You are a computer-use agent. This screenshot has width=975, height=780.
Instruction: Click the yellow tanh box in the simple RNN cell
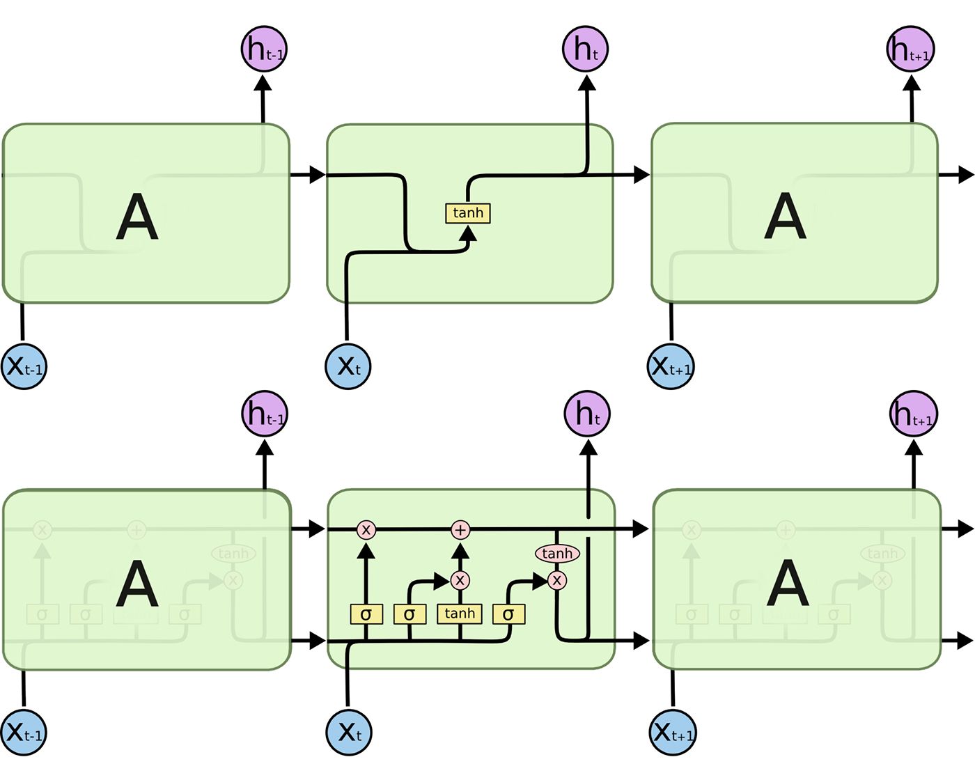[x=468, y=213]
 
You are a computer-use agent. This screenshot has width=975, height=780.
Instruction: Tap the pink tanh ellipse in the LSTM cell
[x=557, y=554]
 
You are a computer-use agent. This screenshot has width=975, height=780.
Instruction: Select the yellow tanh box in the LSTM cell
[x=460, y=614]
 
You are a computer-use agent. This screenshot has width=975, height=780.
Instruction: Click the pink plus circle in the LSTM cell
[x=460, y=530]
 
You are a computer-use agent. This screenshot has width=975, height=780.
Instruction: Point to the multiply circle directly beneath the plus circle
[x=460, y=580]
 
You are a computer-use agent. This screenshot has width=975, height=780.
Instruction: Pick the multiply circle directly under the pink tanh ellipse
[x=556, y=580]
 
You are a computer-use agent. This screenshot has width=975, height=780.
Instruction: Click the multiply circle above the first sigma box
[x=366, y=530]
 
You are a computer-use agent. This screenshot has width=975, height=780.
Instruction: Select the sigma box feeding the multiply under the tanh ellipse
[x=508, y=614]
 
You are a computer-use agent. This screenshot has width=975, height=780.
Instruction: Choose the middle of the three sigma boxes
[x=409, y=614]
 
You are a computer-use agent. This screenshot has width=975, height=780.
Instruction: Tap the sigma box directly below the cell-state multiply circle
[x=366, y=614]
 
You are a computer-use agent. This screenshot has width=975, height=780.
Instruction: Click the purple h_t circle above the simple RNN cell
[x=586, y=49]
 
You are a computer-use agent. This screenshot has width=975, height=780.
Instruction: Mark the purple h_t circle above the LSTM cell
[x=587, y=414]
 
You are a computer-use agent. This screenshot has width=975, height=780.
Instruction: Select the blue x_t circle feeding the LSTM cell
[x=349, y=732]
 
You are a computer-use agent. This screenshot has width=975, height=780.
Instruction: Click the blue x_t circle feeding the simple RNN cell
[x=348, y=366]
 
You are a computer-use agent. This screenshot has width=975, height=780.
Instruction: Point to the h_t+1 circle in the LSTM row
[x=913, y=414]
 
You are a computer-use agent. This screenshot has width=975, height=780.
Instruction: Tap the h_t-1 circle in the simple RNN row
[x=264, y=49]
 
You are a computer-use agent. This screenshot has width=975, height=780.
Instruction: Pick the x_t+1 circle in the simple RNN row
[x=671, y=366]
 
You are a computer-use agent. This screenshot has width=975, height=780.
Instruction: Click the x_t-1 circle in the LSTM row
[x=24, y=732]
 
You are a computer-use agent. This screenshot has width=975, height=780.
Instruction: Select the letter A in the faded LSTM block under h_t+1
[x=788, y=584]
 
